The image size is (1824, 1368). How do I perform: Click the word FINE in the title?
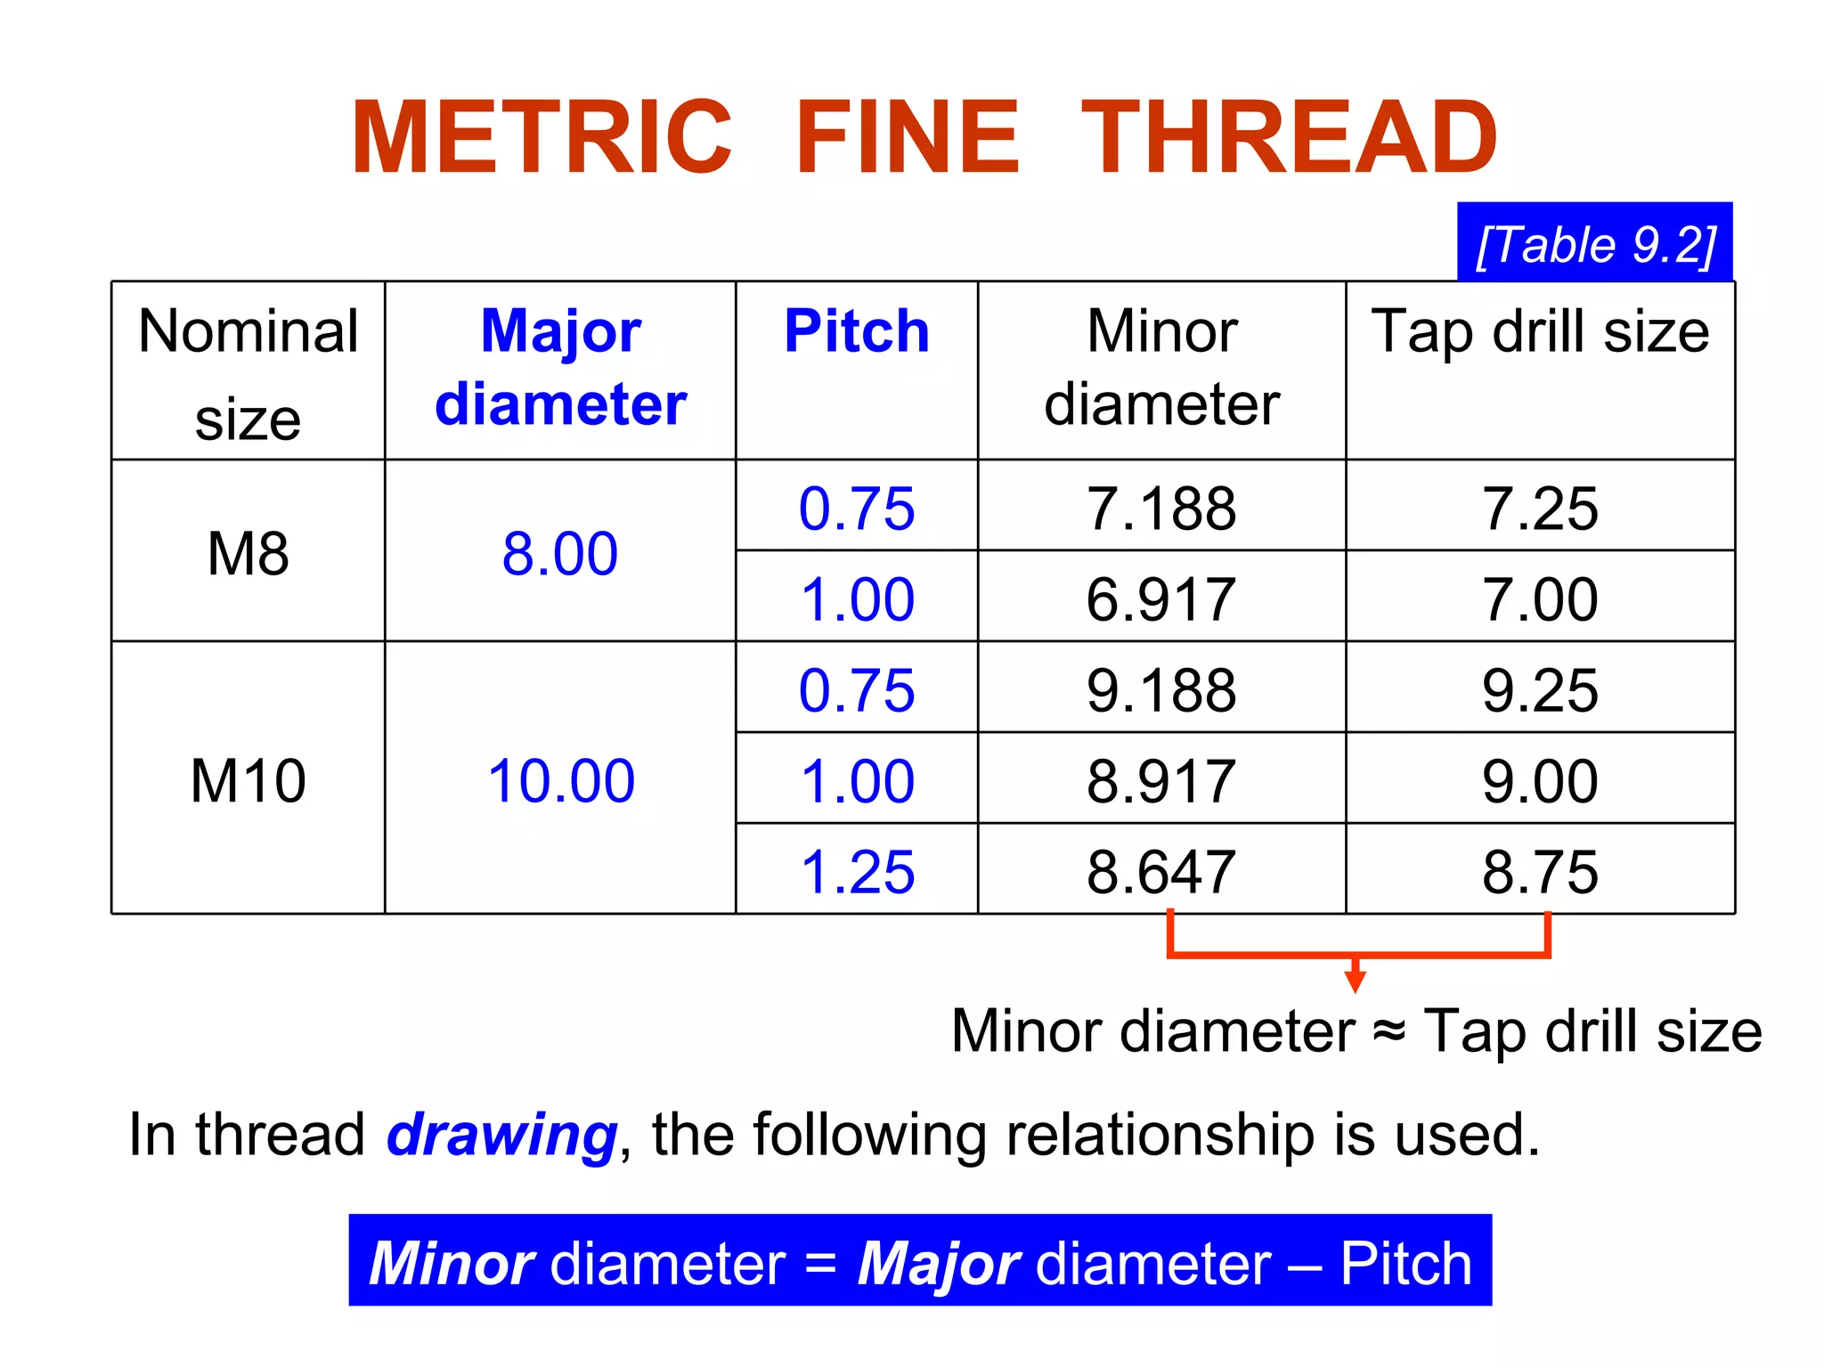click(907, 138)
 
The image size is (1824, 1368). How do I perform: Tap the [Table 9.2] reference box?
click(1594, 244)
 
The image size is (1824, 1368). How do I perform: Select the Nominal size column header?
click(248, 372)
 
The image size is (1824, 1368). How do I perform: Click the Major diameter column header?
click(560, 367)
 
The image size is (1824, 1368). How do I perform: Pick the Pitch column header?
click(857, 331)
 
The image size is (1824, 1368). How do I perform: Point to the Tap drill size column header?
click(1540, 331)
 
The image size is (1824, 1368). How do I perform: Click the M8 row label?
click(248, 553)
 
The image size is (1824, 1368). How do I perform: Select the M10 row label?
click(248, 780)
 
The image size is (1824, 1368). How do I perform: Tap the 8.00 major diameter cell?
click(560, 553)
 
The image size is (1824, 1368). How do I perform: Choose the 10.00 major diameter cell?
click(560, 780)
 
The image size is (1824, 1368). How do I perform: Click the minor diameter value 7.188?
click(1161, 509)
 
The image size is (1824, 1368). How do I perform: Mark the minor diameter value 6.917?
click(1161, 598)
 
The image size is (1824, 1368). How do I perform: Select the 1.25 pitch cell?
click(857, 871)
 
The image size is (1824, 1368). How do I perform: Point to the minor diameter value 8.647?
click(1161, 871)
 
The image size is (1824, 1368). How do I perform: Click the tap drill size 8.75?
click(1540, 871)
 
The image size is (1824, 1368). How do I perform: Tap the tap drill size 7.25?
click(1540, 509)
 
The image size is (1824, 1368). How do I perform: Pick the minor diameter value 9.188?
click(1161, 689)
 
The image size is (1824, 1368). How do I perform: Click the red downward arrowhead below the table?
click(1356, 981)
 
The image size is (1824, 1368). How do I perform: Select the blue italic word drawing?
click(502, 1135)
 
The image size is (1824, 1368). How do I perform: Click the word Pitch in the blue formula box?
click(1406, 1263)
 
